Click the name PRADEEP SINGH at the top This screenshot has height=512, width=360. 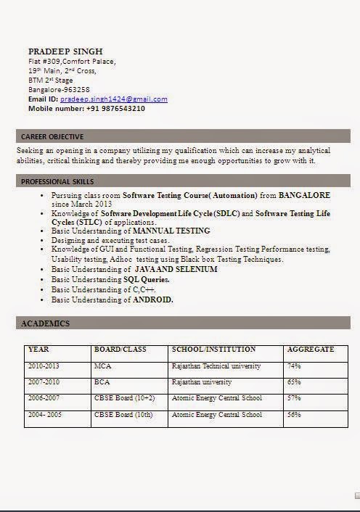coord(65,51)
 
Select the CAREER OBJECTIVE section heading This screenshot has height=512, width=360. coord(52,136)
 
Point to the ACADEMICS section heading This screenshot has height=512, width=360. coord(45,323)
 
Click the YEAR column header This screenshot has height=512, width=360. coord(38,350)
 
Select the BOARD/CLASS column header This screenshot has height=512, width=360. coord(120,350)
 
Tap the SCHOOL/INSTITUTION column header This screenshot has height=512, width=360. coord(213,350)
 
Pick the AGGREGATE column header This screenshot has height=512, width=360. coord(311,350)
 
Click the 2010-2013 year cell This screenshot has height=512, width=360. coord(44,366)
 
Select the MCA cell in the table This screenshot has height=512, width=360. coord(102,366)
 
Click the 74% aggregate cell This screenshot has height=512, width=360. coord(294,366)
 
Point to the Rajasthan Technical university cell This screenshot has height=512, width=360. coord(216,366)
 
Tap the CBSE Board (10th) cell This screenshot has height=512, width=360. coord(123,415)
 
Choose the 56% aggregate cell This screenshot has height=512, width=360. coord(294,415)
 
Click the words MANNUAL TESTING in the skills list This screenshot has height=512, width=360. coord(171,231)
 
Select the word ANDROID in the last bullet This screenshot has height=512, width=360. coord(153,300)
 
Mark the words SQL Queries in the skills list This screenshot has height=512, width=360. coord(147,279)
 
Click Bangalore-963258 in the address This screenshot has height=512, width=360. coord(59,90)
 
